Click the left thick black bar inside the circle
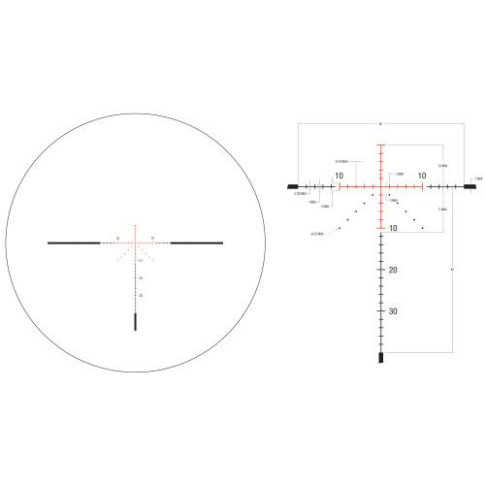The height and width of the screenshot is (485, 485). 73,242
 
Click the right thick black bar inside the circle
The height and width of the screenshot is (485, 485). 198,242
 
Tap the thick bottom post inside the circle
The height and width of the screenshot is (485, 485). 135,322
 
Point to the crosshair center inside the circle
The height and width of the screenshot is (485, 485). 135,242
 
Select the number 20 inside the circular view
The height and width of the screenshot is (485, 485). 141,278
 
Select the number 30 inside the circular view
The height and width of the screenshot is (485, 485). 141,295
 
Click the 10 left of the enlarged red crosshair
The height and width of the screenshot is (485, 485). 339,176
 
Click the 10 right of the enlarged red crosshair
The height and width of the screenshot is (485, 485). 422,176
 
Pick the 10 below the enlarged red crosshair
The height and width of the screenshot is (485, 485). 393,228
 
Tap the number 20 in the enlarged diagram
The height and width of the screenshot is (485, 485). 393,270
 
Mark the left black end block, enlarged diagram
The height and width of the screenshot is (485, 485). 293,184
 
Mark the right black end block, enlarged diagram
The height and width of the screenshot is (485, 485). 469,184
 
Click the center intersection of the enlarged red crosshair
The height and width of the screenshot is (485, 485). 381,184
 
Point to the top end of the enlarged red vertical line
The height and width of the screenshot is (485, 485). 381,145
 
